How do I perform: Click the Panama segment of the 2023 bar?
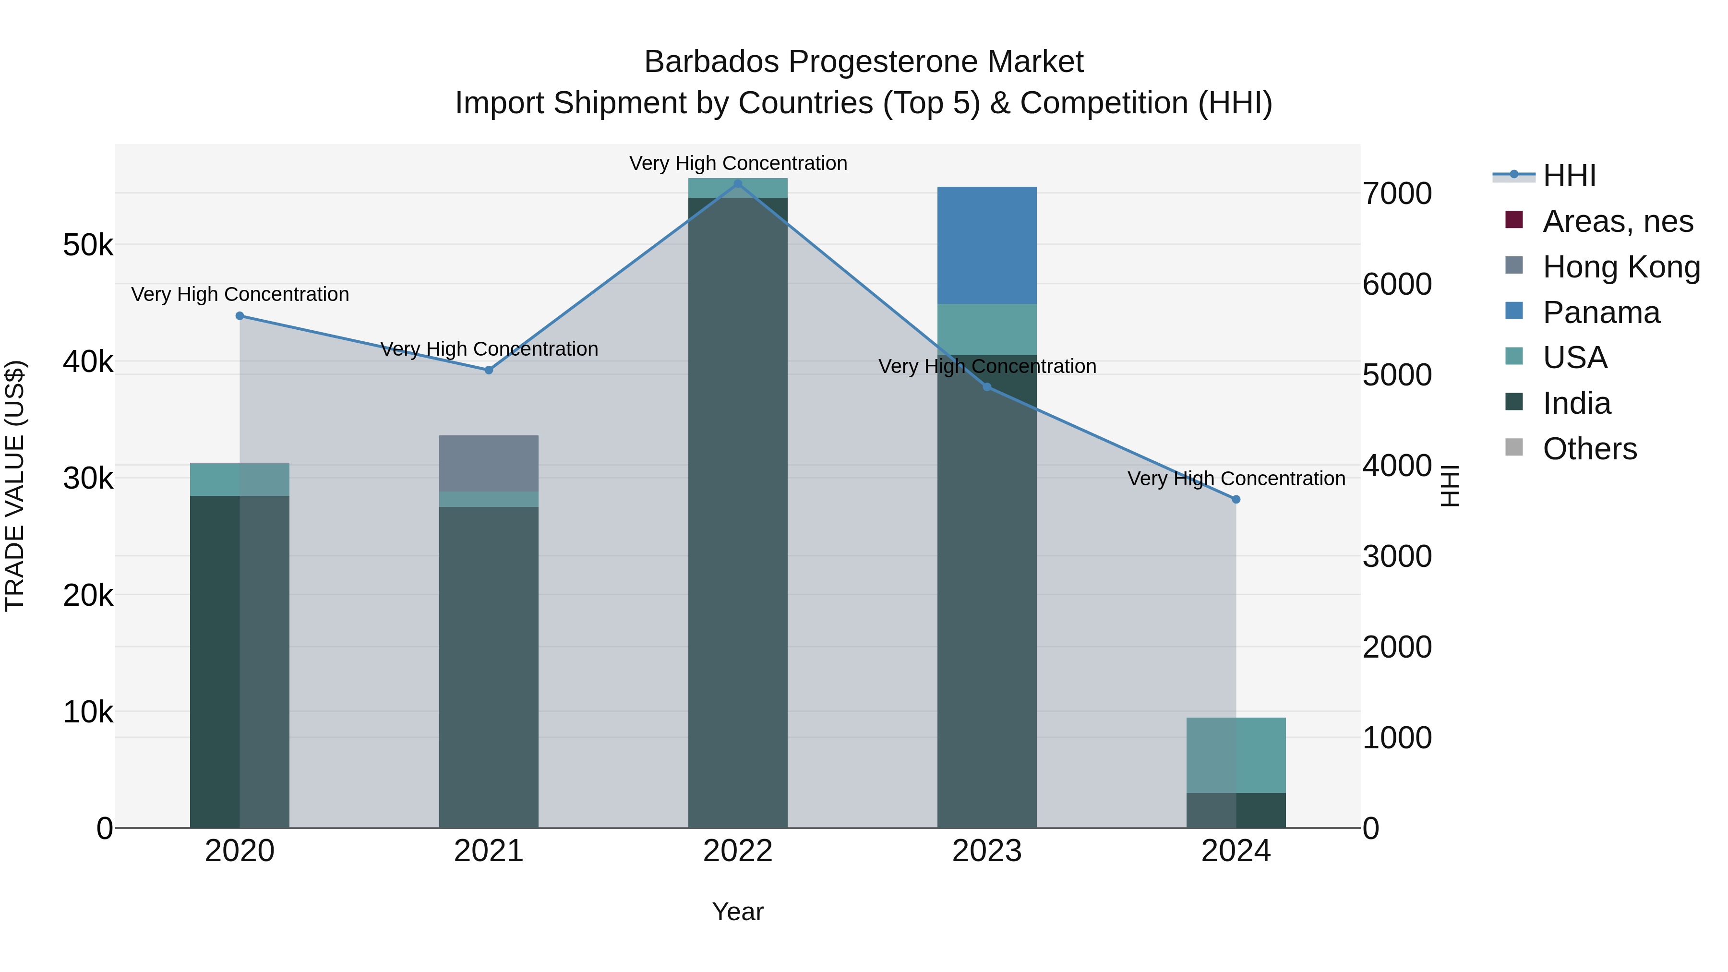tap(987, 245)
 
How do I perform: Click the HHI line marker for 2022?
tap(738, 183)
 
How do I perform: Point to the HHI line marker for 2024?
tap(1236, 499)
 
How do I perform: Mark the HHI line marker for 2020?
tap(240, 316)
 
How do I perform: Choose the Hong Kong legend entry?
tap(1620, 267)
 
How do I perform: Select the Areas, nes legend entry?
tap(1617, 221)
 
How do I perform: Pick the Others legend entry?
tap(1589, 449)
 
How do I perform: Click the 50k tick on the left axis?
tap(88, 245)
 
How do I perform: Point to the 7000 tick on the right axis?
tap(1397, 194)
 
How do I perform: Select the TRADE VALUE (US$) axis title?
tap(15, 486)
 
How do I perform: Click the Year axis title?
tap(737, 912)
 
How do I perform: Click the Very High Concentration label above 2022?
tap(738, 163)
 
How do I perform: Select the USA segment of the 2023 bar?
tap(987, 329)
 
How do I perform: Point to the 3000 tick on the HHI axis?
tap(1397, 557)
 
